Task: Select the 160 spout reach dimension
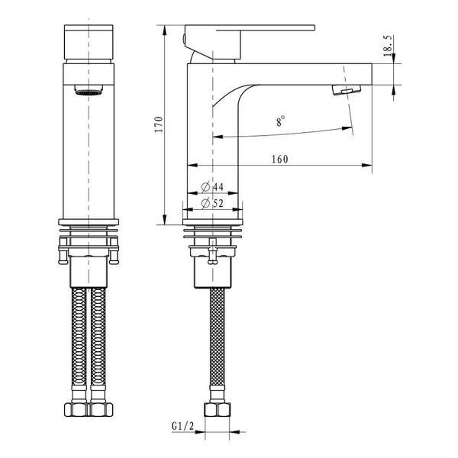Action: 279,160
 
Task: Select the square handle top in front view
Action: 90,45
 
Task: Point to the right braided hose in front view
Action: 99,343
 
